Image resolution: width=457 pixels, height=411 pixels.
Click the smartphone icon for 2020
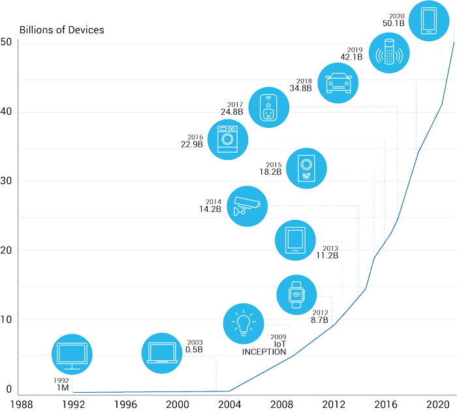click(x=428, y=22)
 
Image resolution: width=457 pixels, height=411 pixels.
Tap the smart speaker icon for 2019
click(x=389, y=53)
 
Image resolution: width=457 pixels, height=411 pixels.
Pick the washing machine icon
click(x=228, y=139)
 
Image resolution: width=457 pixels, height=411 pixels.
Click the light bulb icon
click(x=243, y=323)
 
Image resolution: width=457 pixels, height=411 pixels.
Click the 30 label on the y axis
click(x=7, y=181)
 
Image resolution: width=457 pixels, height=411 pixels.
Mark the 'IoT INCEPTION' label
click(x=264, y=348)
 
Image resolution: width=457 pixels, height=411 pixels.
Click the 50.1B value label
click(x=394, y=23)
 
